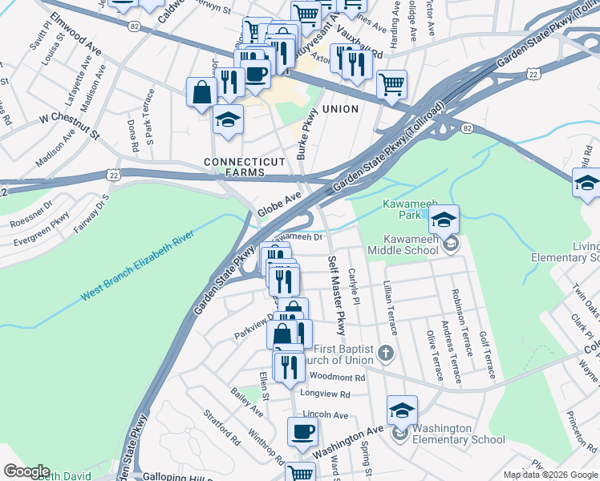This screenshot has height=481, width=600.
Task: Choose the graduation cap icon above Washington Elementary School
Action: pyautogui.click(x=403, y=411)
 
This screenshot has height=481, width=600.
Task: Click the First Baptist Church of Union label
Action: pyautogui.click(x=343, y=354)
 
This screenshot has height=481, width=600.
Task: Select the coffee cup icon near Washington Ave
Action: pyautogui.click(x=302, y=432)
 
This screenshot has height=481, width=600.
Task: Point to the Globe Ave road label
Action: pyautogui.click(x=279, y=204)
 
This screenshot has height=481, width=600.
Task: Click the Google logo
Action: pyautogui.click(x=26, y=471)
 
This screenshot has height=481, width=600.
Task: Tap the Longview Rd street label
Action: pyautogui.click(x=326, y=394)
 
